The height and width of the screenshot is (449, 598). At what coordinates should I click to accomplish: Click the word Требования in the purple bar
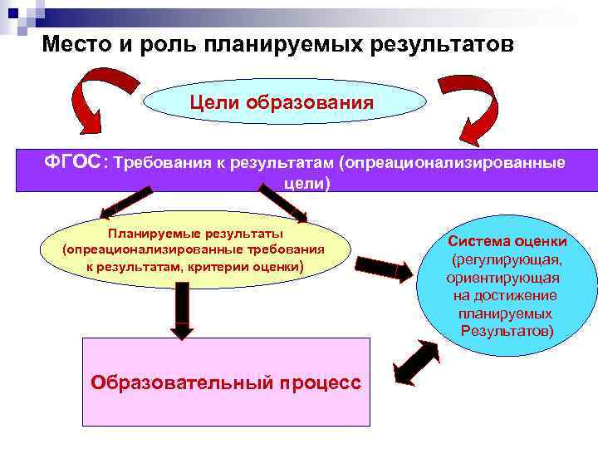pos(163,162)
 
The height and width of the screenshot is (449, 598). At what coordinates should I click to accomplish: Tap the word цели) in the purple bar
pos(306,183)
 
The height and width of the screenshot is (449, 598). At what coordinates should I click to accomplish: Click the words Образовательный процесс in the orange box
pos(226,382)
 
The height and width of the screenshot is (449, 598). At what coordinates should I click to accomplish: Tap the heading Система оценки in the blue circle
pos(507,241)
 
